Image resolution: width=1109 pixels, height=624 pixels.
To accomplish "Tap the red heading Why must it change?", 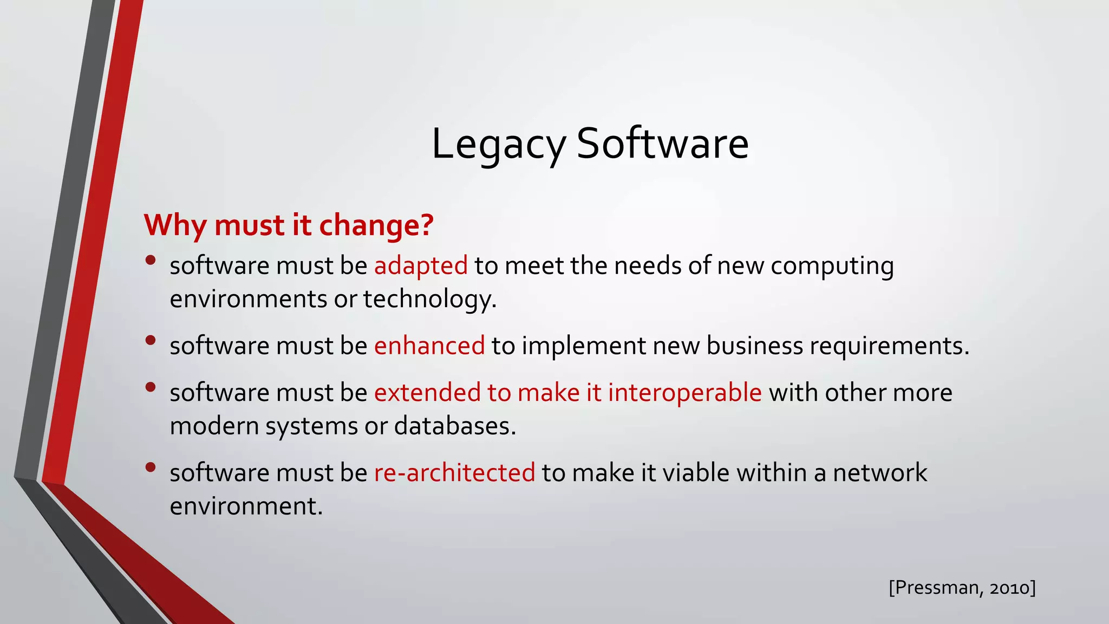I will [289, 225].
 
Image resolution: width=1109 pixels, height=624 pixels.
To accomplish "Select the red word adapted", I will [421, 265].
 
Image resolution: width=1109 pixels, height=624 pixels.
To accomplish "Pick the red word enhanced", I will [429, 346].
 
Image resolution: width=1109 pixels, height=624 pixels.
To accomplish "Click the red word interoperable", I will [684, 392].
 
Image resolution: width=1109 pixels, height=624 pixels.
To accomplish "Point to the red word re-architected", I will [454, 472].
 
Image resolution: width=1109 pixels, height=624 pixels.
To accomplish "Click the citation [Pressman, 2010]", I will [962, 587].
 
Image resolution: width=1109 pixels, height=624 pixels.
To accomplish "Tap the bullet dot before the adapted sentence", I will [151, 260].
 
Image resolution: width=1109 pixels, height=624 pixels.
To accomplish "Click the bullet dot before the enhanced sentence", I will [151, 340].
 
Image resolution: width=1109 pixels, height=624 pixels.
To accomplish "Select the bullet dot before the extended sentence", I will [151, 387].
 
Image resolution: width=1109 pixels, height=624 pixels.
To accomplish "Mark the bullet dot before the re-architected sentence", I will [151, 467].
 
